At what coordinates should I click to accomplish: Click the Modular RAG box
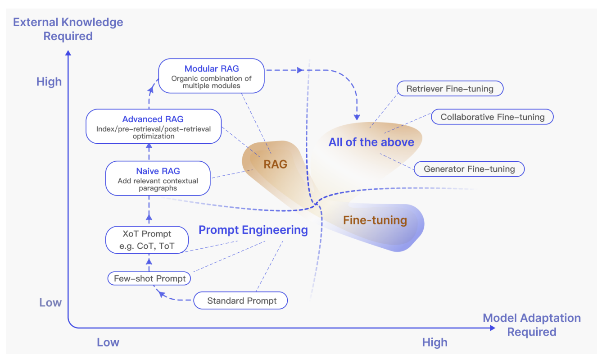[211, 76]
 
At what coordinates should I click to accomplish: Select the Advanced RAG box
[154, 126]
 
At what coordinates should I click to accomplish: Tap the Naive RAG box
[158, 178]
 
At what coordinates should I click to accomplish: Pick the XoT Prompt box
[147, 240]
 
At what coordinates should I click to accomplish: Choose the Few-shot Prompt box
[149, 278]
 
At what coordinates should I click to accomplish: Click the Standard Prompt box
[240, 301]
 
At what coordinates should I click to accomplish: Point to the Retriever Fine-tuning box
[450, 88]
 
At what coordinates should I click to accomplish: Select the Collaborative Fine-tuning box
[492, 117]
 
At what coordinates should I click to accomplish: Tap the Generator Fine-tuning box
[469, 169]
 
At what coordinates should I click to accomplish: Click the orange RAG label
[275, 164]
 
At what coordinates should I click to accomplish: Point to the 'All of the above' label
[371, 142]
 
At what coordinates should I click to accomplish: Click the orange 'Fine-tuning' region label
[375, 220]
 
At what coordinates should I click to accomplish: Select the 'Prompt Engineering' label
[253, 230]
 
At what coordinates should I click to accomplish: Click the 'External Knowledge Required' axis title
[68, 29]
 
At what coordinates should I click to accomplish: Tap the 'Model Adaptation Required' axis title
[532, 325]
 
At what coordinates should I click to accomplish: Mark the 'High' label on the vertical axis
[49, 82]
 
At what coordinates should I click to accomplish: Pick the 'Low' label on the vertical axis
[50, 302]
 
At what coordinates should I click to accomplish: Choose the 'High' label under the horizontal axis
[435, 342]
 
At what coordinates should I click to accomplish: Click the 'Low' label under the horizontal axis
[108, 342]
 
